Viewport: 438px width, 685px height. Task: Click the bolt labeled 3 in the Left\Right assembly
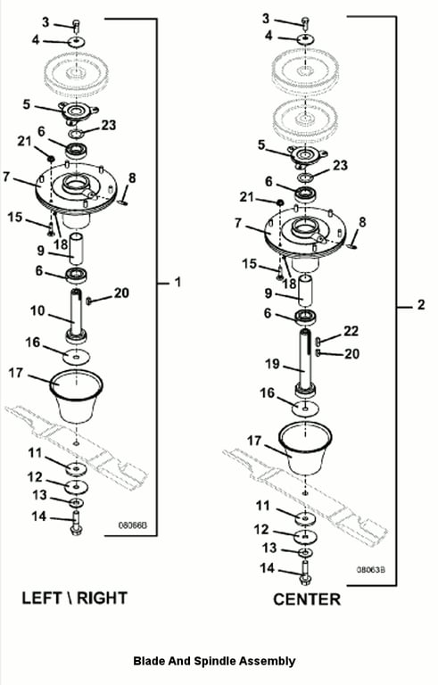pyautogui.click(x=77, y=25)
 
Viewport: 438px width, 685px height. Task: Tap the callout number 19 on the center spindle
pyautogui.click(x=273, y=364)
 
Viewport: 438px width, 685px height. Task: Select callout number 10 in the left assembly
pyautogui.click(x=37, y=311)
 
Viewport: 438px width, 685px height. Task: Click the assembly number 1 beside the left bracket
pyautogui.click(x=178, y=282)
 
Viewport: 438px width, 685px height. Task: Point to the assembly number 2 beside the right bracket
pyautogui.click(x=420, y=304)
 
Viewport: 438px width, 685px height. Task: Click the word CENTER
pyautogui.click(x=307, y=599)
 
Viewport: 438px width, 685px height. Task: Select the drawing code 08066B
pyautogui.click(x=133, y=524)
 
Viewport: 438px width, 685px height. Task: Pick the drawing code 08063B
pyautogui.click(x=371, y=570)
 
